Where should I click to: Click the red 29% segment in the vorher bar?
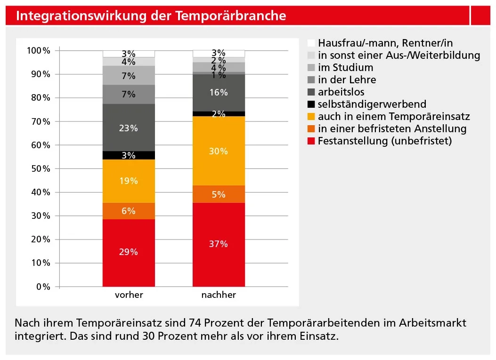point(129,252)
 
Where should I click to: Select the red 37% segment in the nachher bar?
point(219,244)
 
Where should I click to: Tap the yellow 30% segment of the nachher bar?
point(219,151)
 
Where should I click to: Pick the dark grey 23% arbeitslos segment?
point(129,128)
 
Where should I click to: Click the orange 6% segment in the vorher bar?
point(129,211)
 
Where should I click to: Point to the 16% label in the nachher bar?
point(219,93)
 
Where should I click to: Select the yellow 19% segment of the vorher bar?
point(129,181)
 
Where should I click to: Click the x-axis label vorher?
point(129,296)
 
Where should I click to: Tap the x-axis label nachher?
point(219,296)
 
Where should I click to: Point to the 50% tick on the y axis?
point(40,168)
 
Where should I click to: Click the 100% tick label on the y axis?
point(38,50)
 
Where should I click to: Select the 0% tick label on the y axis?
point(43,287)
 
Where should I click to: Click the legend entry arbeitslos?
point(341,92)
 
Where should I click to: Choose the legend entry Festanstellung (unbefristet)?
point(384,141)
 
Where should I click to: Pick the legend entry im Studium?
point(345,67)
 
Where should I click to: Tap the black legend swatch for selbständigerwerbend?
point(310,104)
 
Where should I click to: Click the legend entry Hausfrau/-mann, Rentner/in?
point(385,43)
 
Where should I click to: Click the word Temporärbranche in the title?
point(231,16)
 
